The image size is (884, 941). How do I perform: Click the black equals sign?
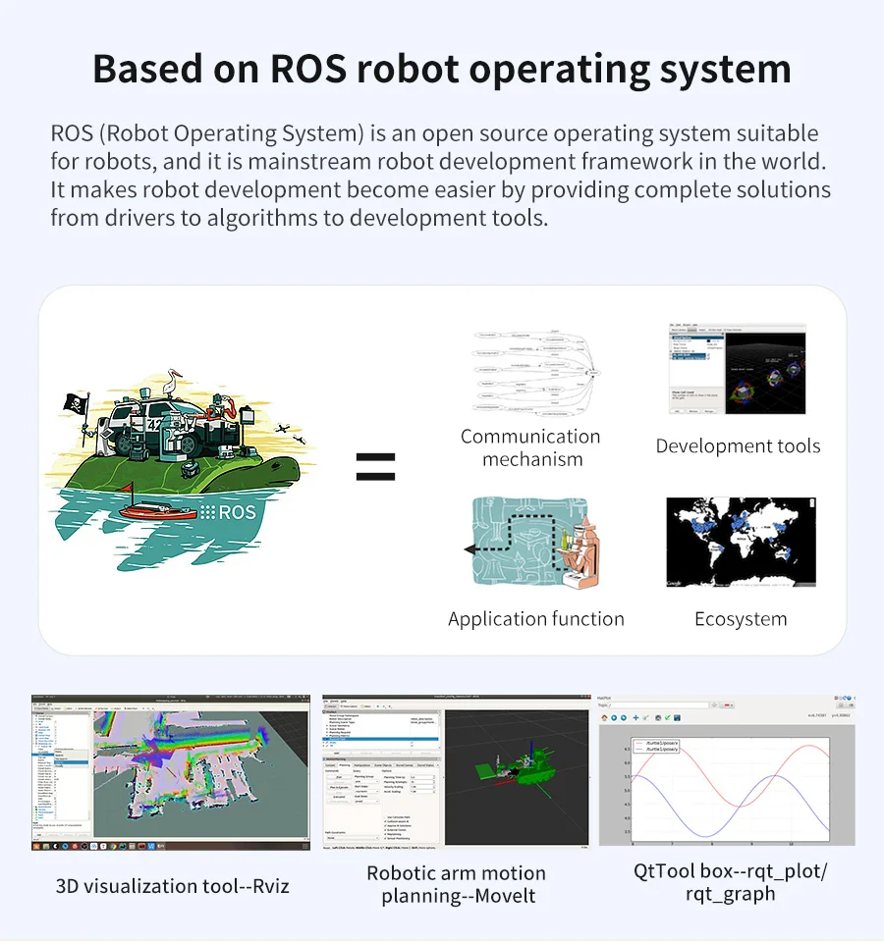[x=375, y=467]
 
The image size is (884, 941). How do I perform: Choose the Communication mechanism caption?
[x=530, y=447]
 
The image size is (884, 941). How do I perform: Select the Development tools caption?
[x=738, y=446]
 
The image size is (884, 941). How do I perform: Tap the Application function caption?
[x=536, y=619]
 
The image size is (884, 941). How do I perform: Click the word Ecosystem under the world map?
[x=741, y=619]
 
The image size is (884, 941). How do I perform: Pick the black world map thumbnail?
[x=741, y=543]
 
